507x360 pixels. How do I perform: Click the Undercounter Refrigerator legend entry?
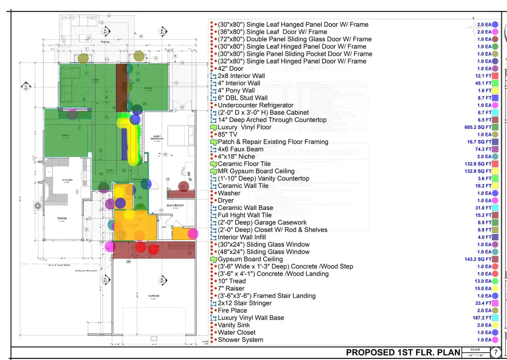click(256, 105)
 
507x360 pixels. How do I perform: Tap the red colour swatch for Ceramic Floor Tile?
click(495, 164)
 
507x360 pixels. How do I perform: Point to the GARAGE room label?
click(154, 296)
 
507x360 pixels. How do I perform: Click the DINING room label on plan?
click(62, 218)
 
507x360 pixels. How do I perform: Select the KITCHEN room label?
click(67, 180)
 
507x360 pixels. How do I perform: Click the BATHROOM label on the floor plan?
click(175, 205)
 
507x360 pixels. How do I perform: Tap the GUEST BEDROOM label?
click(157, 137)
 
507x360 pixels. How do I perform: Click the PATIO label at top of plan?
click(105, 42)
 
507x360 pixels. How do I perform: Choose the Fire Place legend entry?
click(232, 310)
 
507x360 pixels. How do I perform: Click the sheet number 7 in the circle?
click(495, 352)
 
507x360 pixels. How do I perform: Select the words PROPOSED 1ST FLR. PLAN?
click(403, 352)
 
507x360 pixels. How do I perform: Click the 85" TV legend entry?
click(227, 134)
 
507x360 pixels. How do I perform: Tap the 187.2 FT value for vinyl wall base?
click(482, 318)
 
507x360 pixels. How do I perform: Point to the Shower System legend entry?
click(240, 340)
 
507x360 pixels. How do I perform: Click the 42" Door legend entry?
click(230, 69)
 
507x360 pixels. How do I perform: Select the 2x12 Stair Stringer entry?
click(244, 303)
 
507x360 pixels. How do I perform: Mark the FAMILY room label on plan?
click(66, 135)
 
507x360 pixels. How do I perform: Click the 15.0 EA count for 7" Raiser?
click(483, 288)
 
